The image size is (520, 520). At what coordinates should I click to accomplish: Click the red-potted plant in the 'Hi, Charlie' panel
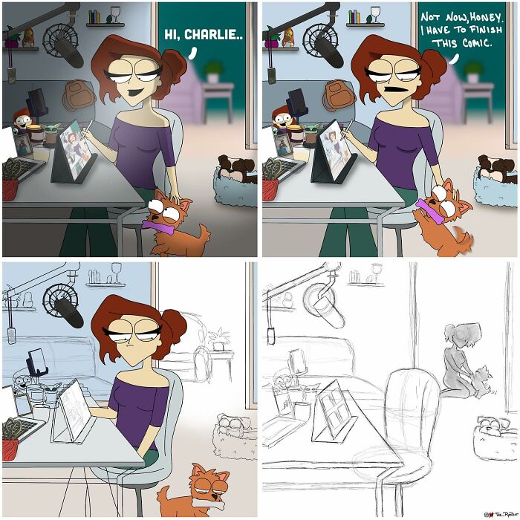(x=10, y=178)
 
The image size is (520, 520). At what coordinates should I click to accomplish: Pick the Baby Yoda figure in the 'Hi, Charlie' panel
(x=51, y=133)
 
